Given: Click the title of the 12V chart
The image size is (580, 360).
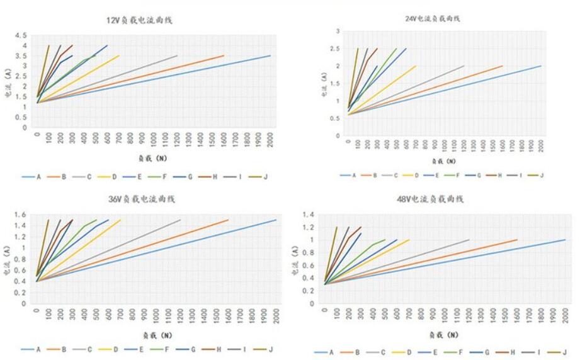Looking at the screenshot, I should tap(139, 20).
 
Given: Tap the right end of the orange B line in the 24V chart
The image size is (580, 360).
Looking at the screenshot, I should tap(503, 66).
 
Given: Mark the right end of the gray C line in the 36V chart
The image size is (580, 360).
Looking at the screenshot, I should tap(180, 220).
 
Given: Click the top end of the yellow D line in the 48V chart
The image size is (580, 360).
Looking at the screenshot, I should tap(409, 240).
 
